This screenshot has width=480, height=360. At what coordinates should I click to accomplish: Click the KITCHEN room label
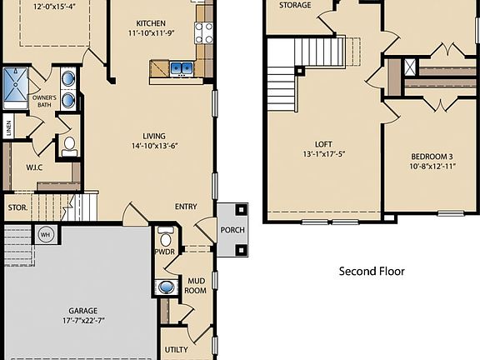[150, 23]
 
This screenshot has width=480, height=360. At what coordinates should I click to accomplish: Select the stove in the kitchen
[204, 32]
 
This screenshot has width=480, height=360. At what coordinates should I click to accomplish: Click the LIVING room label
[153, 136]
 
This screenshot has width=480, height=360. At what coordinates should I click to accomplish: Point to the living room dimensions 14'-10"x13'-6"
[153, 147]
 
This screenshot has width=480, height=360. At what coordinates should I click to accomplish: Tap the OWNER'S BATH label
[44, 102]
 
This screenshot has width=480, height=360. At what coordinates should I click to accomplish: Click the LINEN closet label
[8, 128]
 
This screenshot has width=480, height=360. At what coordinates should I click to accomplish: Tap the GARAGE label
[82, 311]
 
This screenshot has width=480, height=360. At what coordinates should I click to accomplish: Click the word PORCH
[232, 230]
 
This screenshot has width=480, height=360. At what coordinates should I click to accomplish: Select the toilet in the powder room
[165, 232]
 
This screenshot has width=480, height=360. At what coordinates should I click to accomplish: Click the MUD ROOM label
[195, 285]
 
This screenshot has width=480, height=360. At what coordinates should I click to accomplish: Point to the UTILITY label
[177, 350]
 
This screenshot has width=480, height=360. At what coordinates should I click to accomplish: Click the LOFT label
[323, 142]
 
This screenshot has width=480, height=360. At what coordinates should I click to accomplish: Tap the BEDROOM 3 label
[432, 157]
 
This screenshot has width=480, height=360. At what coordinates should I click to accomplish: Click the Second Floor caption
[372, 271]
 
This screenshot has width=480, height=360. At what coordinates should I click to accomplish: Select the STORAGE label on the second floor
[295, 5]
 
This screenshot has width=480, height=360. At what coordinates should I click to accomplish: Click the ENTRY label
[186, 207]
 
